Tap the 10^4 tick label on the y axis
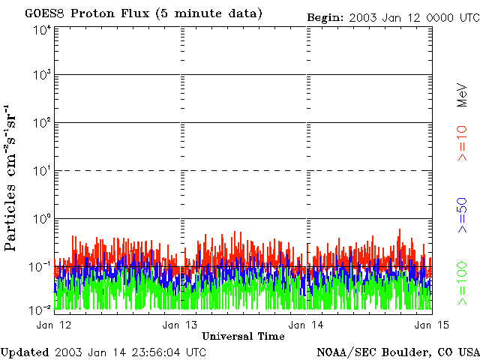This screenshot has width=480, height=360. click(x=41, y=29)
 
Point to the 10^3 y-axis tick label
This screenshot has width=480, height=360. click(x=41, y=76)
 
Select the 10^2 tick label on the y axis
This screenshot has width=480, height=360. click(x=41, y=124)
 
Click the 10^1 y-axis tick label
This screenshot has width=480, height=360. click(x=41, y=172)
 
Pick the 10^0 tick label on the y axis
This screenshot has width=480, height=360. click(x=41, y=220)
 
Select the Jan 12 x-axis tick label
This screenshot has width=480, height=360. click(x=53, y=325)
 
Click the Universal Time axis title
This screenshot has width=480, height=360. click(x=243, y=335)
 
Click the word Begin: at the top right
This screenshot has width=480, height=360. click(x=325, y=17)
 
